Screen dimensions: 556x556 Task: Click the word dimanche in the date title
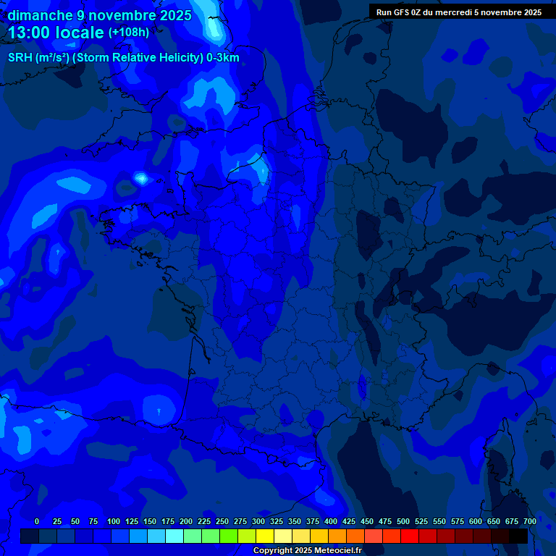coord(40,15)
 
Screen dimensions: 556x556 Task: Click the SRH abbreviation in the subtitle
coord(20,58)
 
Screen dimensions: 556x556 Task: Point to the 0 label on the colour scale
coord(37,521)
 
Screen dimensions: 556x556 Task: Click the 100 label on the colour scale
coord(114,521)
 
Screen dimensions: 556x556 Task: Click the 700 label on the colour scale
coord(529,521)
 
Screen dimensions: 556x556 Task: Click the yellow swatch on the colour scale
coord(265,536)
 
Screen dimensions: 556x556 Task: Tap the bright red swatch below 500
coord(410,536)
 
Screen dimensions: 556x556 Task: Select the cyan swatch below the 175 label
coord(174,536)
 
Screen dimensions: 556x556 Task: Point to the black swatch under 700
coord(518,536)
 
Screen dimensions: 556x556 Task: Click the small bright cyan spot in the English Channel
coord(141,177)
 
